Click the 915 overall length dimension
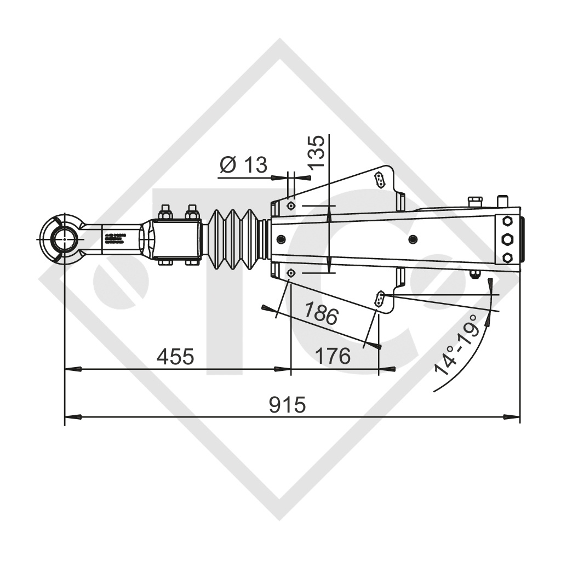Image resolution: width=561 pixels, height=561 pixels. pos(288,405)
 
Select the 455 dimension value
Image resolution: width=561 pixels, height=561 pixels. pos(175,357)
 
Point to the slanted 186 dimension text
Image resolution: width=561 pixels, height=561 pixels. pos(322,314)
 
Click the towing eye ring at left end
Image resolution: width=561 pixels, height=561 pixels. pos(65,239)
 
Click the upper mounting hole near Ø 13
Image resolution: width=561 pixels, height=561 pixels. pos(290,206)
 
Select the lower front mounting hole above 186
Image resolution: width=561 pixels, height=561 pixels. pos(290,273)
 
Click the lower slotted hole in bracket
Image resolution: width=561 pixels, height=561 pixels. pos(379,299)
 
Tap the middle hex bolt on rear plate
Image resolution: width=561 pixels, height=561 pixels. pos(507,239)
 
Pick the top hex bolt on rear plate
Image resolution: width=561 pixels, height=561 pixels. pos(507,221)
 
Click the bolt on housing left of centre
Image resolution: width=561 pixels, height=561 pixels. pos(281,239)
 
